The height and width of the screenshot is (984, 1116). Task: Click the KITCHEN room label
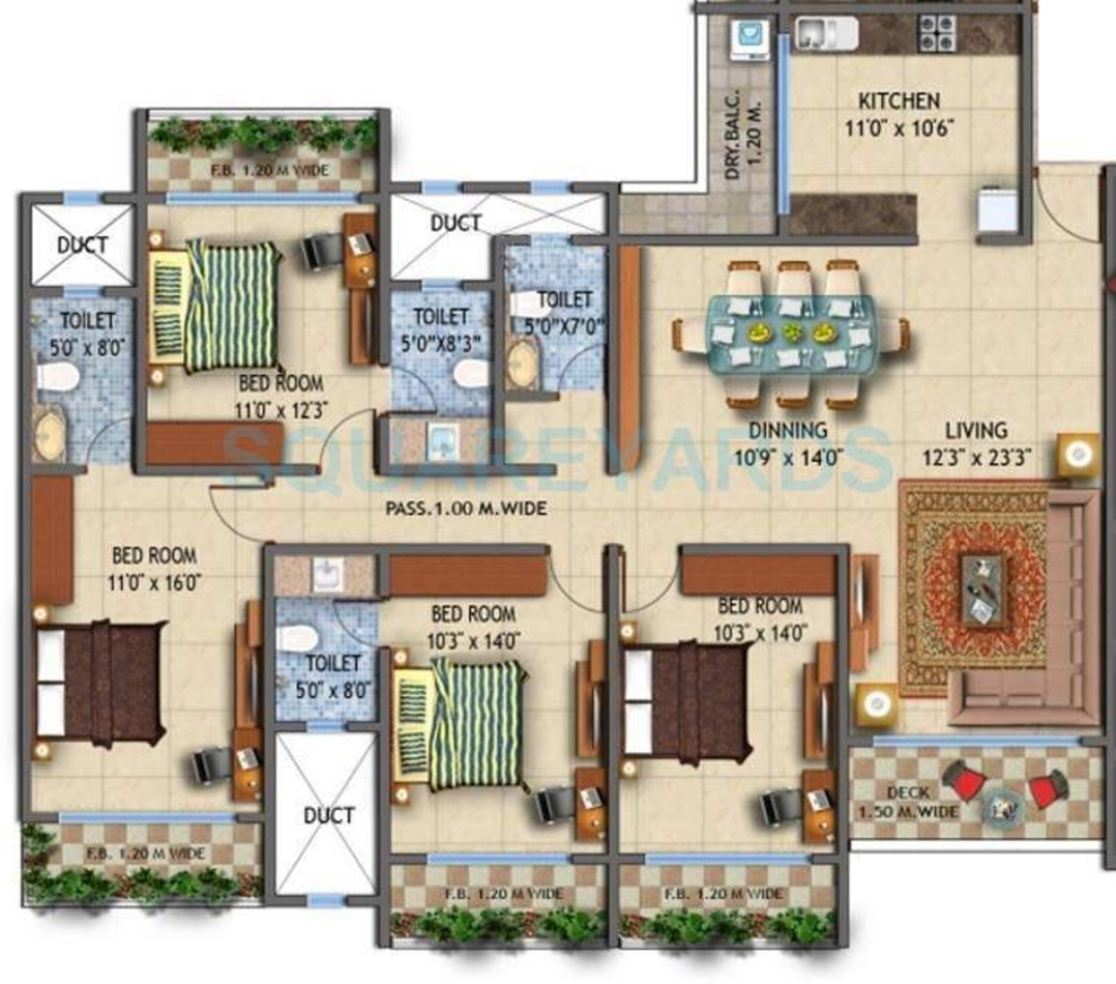click(x=899, y=101)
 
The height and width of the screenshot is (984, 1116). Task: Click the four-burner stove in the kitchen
click(x=937, y=33)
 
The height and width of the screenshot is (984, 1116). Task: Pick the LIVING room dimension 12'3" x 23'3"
click(x=977, y=457)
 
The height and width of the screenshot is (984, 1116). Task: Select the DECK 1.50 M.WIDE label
click(x=908, y=802)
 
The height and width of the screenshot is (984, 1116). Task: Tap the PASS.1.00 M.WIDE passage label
click(x=466, y=509)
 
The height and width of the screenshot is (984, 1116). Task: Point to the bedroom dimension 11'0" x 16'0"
click(x=154, y=583)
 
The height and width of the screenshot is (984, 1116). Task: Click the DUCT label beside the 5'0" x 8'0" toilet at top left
click(x=83, y=245)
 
